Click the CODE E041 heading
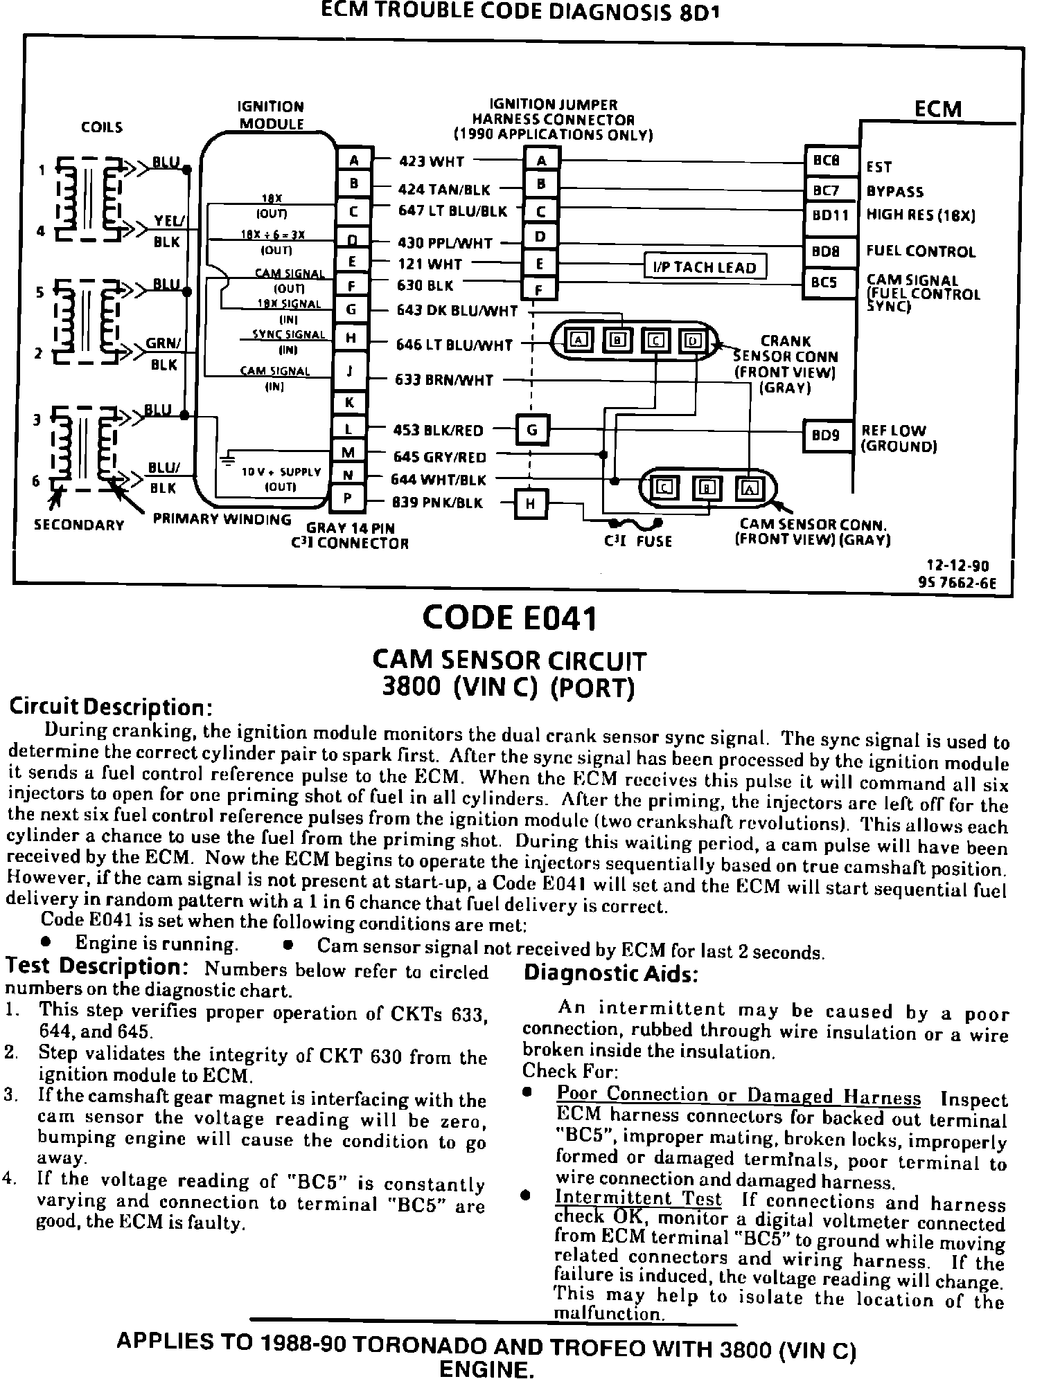tap(509, 618)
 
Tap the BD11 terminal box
tap(830, 215)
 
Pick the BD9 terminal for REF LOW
tap(826, 435)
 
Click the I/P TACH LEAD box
tap(705, 267)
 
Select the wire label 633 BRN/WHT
tap(444, 380)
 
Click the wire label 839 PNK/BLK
tap(437, 503)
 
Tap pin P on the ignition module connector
tap(350, 498)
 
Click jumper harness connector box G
tap(532, 430)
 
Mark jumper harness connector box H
tap(531, 503)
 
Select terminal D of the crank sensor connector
tap(693, 341)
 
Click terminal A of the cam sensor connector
tap(750, 488)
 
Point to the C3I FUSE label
tap(638, 541)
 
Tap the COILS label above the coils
tap(102, 127)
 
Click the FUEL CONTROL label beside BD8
tap(921, 251)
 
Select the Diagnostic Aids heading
tap(610, 973)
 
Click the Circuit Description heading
tap(109, 707)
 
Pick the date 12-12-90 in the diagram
tap(959, 566)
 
